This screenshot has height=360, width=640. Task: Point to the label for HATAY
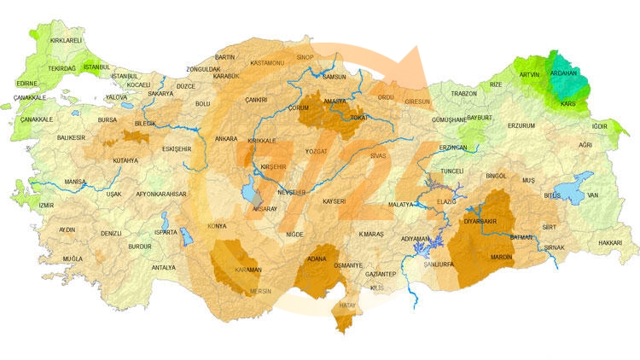[x=347, y=305]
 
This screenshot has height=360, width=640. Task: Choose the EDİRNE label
[x=27, y=84]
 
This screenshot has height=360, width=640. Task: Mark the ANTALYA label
[x=163, y=268]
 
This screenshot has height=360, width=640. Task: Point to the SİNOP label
[x=304, y=59]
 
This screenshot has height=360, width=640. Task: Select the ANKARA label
[x=227, y=138]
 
